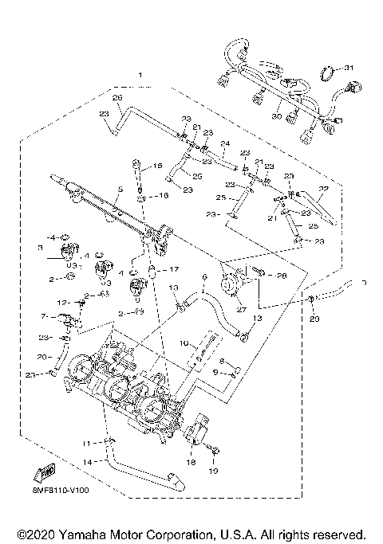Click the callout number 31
(x=347, y=70)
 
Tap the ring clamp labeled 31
(x=327, y=76)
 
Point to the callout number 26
(x=117, y=97)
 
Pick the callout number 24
(x=226, y=145)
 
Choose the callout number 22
(x=323, y=189)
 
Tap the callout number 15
(x=157, y=166)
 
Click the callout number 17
(x=173, y=269)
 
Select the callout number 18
(x=191, y=462)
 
